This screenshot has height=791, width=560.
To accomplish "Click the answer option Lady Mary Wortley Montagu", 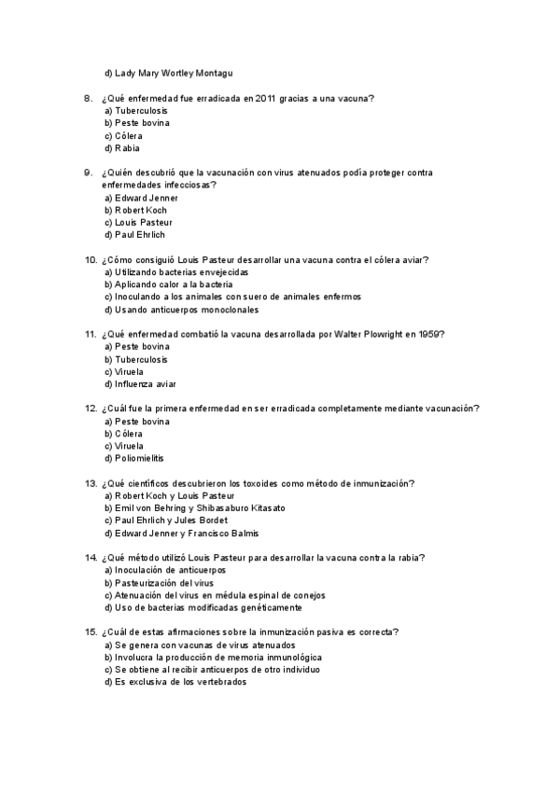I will point(168,72).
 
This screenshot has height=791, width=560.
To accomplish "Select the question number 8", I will point(88,97).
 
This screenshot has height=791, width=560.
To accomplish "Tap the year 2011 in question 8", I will point(271,97).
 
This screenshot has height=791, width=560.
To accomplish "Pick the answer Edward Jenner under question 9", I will point(141,198).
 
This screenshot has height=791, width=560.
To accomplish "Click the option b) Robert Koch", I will point(135,210).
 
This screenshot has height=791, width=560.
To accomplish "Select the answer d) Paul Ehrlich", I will point(134,235).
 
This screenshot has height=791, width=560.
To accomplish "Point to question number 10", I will point(90,259).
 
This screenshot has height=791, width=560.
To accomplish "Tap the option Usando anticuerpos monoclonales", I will point(181,310).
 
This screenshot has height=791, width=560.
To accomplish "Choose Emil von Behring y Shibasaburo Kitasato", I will point(195,508).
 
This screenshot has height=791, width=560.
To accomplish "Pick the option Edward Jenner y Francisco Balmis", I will point(181,534).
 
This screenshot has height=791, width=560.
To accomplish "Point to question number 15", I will point(90,632).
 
